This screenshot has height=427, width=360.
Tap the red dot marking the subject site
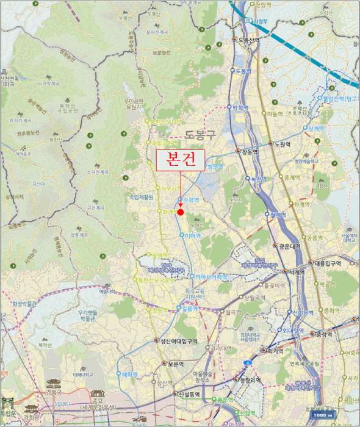point(181,212)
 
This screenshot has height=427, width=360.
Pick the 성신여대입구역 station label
point(179,342)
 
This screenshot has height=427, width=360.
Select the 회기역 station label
point(275,351)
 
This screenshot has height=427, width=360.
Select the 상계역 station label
point(315,128)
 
